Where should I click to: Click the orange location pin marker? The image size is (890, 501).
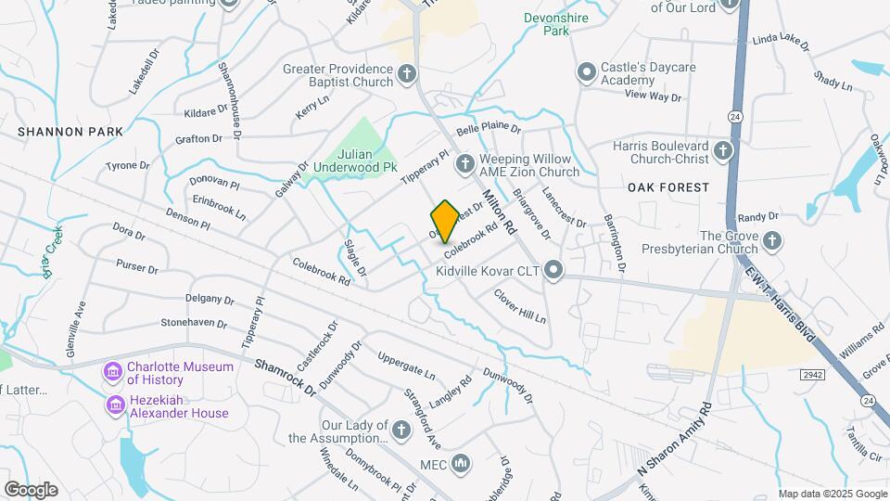pos(445,221)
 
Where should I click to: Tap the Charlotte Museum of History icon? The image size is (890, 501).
pos(114,373)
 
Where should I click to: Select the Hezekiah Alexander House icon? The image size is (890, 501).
pos(114,405)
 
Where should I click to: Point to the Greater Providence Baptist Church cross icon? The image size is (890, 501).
pos(406,74)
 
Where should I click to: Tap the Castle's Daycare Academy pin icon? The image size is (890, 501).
pos(586,72)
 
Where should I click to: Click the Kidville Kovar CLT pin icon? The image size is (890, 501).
pos(553,271)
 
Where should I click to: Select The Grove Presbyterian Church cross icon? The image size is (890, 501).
pos(772,242)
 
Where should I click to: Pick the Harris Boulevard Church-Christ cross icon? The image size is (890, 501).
pos(724,150)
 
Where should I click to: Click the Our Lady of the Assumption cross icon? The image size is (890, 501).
pos(400,430)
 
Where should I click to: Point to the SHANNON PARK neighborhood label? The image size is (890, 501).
pos(70,132)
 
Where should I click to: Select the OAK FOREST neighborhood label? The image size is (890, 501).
pos(667,187)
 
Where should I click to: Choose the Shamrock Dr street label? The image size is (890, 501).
pos(286,379)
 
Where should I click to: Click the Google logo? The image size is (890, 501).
pos(31,490)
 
